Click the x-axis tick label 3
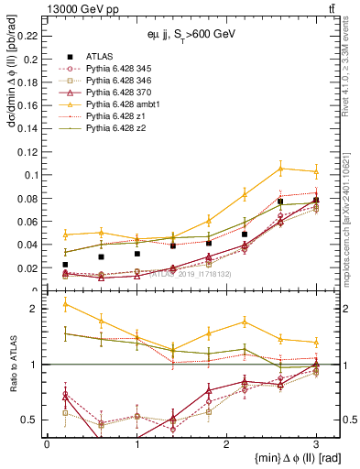point(316,443)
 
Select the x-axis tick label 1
point(136,443)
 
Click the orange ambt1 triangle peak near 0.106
point(280,168)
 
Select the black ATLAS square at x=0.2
point(65,265)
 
